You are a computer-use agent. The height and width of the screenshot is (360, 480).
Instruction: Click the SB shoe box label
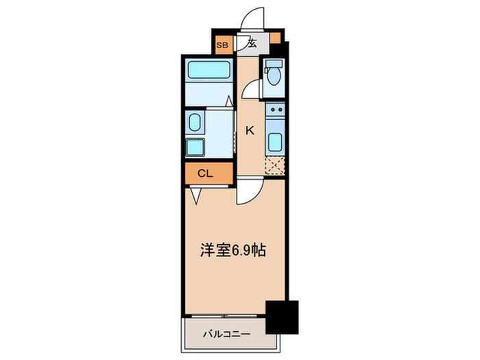coord(221,45)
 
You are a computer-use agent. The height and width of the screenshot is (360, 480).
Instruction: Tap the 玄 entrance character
coord(252,43)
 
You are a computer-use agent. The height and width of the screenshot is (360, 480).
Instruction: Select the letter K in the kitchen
coord(250,130)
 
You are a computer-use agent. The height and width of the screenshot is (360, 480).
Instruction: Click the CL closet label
coord(205,173)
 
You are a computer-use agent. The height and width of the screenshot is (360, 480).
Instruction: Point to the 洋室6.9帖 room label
coord(233,251)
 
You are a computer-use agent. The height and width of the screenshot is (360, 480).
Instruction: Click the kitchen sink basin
coord(274,141)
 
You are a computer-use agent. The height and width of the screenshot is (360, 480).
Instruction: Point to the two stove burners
coord(274,110)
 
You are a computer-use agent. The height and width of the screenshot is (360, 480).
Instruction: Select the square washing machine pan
coord(194,147)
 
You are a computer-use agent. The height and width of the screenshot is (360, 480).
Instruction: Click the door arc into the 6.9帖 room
coord(247,193)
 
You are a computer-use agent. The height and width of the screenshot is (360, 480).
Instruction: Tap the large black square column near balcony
coord(282,316)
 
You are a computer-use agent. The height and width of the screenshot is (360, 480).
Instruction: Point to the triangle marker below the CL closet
coord(195,196)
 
